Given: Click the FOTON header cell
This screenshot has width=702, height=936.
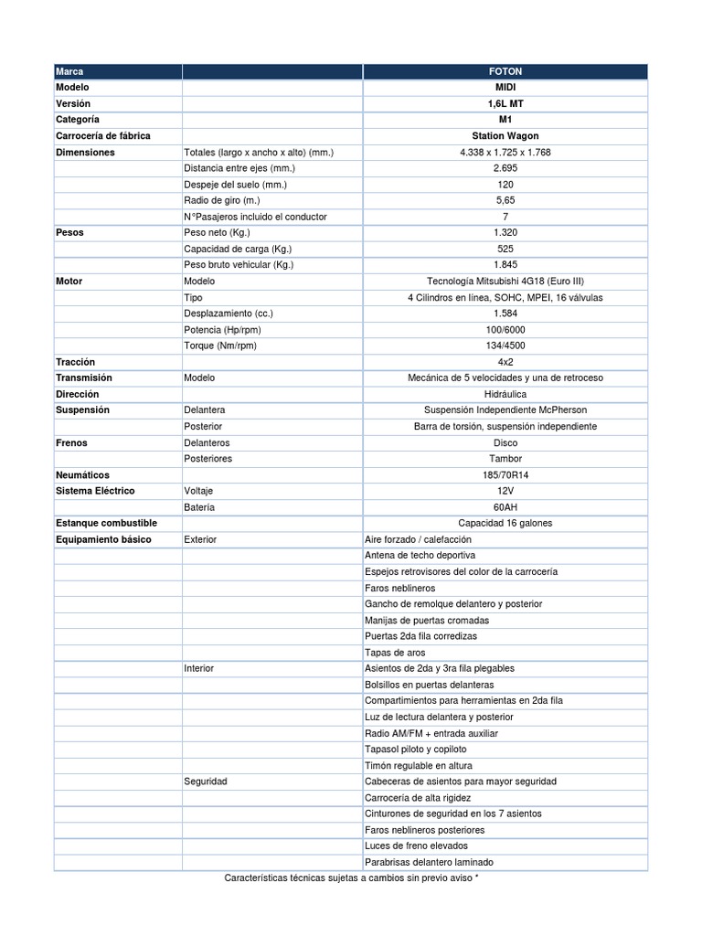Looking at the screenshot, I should pyautogui.click(x=505, y=71).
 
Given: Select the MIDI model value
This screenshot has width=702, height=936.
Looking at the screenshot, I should pyautogui.click(x=505, y=87).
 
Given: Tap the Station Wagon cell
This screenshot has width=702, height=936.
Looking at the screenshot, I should pyautogui.click(x=505, y=136).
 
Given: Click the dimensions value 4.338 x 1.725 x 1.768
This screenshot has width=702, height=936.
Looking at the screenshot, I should pyautogui.click(x=505, y=153).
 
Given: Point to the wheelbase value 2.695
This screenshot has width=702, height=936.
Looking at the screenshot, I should pyautogui.click(x=505, y=168).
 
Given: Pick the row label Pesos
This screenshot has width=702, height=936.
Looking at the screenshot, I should pyautogui.click(x=69, y=233).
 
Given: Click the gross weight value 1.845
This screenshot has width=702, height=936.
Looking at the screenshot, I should pyautogui.click(x=505, y=265).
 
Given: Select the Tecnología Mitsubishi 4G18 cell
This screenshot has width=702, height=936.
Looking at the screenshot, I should pyautogui.click(x=505, y=282).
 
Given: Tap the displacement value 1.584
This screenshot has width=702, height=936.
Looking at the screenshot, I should pyautogui.click(x=505, y=314).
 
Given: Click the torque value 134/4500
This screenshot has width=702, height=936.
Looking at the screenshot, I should pyautogui.click(x=505, y=346).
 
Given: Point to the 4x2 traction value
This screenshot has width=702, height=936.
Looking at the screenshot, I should pyautogui.click(x=505, y=362).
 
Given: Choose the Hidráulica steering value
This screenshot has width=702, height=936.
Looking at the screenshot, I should pyautogui.click(x=505, y=394).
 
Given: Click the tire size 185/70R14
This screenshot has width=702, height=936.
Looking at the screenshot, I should pyautogui.click(x=505, y=475).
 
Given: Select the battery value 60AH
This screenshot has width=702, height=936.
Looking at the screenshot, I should pyautogui.click(x=505, y=507).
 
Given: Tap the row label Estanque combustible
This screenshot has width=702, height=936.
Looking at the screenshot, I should pyautogui.click(x=106, y=523).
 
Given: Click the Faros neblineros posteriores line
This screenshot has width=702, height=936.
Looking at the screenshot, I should pyautogui.click(x=424, y=830).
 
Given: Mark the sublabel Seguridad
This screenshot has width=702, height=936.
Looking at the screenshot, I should pyautogui.click(x=206, y=782).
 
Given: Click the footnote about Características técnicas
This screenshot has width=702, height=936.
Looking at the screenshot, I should pyautogui.click(x=352, y=878).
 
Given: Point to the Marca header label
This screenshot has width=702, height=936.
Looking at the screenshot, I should pyautogui.click(x=69, y=71).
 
